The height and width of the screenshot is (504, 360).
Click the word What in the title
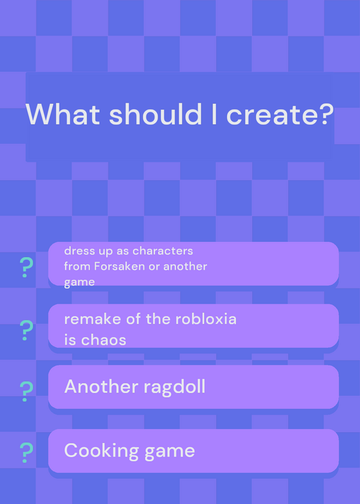point(63,114)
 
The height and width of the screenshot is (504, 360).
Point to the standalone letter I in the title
point(214,114)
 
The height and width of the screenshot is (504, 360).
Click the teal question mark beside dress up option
point(26,267)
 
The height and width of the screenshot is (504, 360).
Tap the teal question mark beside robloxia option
point(26,330)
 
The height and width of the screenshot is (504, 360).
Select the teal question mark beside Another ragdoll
point(26,391)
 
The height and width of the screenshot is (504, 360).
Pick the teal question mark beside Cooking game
point(26,452)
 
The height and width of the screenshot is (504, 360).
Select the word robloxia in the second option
point(206,319)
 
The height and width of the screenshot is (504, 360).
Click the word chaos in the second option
point(103,340)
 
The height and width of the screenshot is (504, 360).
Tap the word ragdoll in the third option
point(175,387)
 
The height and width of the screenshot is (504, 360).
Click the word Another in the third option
point(102,386)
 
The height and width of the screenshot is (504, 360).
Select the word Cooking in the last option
point(102,451)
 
